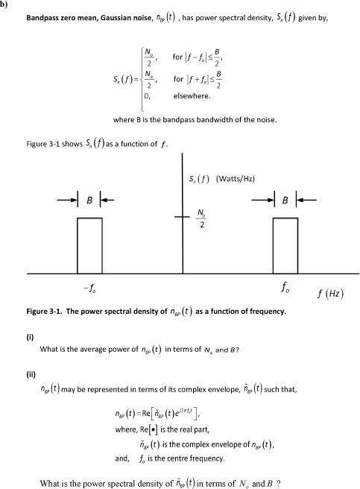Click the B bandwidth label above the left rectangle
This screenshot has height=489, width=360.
(x=89, y=201)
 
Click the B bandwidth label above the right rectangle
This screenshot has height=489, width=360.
(x=285, y=201)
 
